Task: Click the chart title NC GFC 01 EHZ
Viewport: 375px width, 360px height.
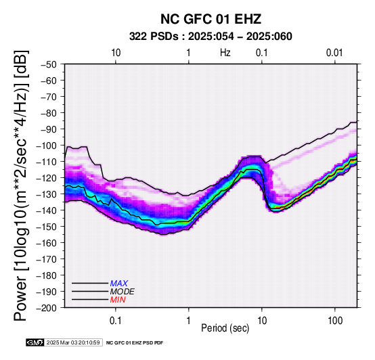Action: pyautogui.click(x=211, y=19)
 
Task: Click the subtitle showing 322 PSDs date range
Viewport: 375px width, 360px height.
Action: pyautogui.click(x=211, y=37)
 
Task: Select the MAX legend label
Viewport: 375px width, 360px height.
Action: pyautogui.click(x=119, y=284)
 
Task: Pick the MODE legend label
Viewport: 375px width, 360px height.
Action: pyautogui.click(x=123, y=292)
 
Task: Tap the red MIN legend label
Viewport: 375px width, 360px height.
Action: pyautogui.click(x=118, y=300)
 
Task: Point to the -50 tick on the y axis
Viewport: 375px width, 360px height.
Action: pyautogui.click(x=48, y=64)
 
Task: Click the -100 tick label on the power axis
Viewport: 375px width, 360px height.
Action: pyautogui.click(x=46, y=145)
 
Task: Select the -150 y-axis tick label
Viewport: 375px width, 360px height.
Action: pyautogui.click(x=46, y=227)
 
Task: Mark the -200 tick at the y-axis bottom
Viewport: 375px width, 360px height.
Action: pyautogui.click(x=46, y=308)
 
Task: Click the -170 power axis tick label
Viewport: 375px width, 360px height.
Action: pyautogui.click(x=46, y=259)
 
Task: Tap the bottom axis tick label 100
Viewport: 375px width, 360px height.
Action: pyautogui.click(x=335, y=321)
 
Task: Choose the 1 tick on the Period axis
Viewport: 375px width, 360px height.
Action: pyautogui.click(x=189, y=321)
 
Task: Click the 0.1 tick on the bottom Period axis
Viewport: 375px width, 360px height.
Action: pyautogui.click(x=116, y=321)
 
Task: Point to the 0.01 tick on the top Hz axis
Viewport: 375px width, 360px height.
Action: pyautogui.click(x=334, y=53)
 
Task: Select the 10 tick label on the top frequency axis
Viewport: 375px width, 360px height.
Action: pyautogui.click(x=116, y=53)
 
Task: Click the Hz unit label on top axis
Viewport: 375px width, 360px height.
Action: pyautogui.click(x=225, y=53)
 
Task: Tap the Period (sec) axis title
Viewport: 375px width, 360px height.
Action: pyautogui.click(x=225, y=328)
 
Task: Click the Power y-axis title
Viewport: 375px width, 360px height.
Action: pyautogui.click(x=21, y=185)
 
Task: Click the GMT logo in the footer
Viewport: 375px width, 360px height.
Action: pyautogui.click(x=35, y=342)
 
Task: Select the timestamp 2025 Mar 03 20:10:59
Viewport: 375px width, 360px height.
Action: pyautogui.click(x=73, y=342)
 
